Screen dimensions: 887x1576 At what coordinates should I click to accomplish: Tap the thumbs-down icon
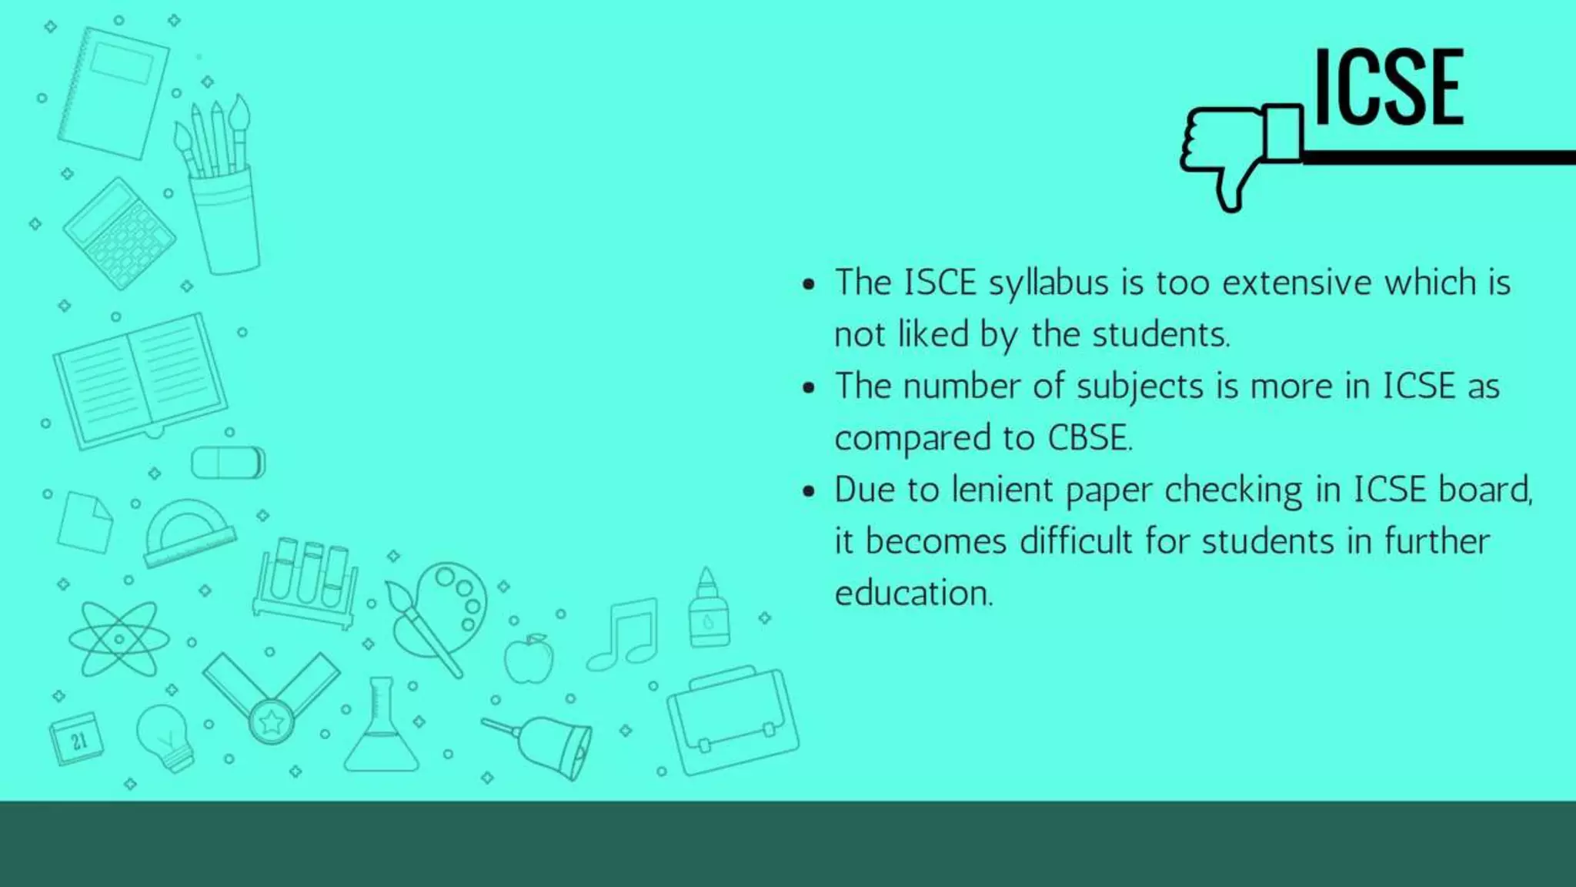1240,154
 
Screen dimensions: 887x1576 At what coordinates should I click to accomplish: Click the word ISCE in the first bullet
940,283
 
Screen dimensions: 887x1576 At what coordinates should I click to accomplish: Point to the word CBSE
1089,437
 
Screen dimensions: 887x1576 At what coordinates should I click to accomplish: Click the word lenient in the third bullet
1002,490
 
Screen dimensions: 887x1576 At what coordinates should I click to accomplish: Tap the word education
913,593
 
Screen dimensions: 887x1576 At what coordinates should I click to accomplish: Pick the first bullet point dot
808,284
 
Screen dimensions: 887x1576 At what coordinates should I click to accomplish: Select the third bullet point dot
808,491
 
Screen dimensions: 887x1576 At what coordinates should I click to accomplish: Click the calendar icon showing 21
76,739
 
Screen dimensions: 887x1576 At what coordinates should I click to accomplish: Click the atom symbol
119,639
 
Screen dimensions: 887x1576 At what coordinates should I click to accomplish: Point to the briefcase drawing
733,721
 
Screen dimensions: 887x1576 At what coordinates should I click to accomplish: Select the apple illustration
529,659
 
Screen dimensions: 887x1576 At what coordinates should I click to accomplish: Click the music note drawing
625,634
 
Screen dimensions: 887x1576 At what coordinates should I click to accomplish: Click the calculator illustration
119,233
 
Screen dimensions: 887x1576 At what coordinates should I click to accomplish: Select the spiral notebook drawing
114,92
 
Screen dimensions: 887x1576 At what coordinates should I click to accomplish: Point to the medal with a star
271,720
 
